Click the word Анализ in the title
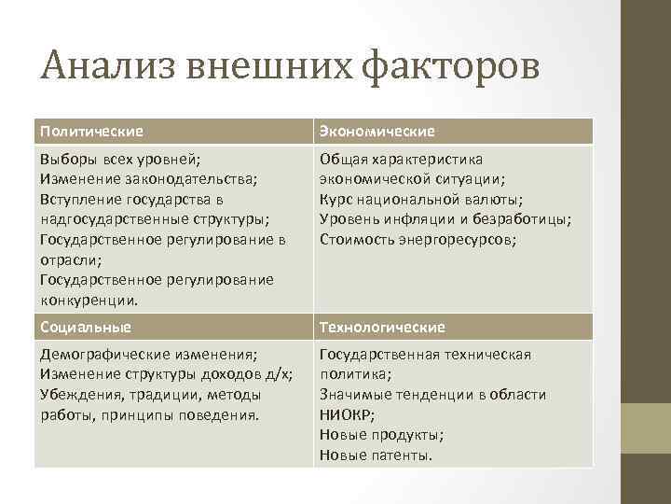point(109,67)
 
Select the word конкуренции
point(89,301)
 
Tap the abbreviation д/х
point(278,375)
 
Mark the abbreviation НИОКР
point(346,415)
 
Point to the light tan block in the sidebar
point(646,428)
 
